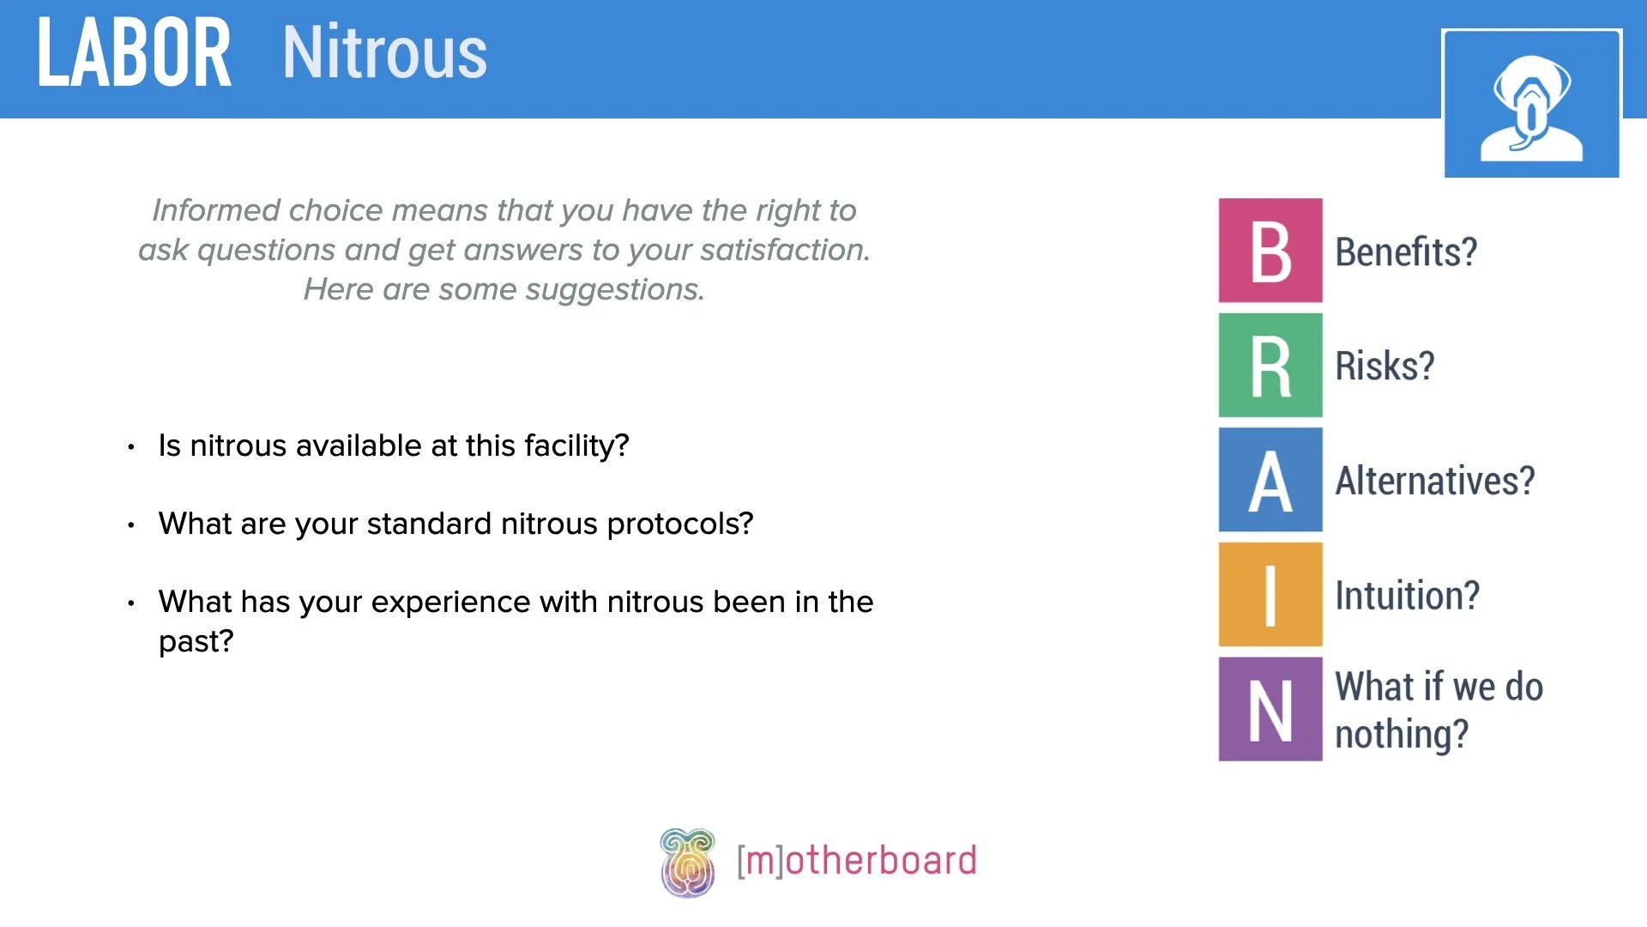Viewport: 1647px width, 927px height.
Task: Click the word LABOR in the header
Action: click(134, 53)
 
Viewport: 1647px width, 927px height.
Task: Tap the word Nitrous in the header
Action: click(384, 53)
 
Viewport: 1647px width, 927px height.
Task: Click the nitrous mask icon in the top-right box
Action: click(1531, 105)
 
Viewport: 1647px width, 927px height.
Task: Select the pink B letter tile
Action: click(1270, 251)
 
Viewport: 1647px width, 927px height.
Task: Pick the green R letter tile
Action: click(1270, 366)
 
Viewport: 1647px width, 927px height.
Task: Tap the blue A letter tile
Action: click(1270, 480)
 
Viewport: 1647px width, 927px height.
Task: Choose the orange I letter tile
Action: click(1270, 595)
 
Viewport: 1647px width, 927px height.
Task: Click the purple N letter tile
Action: click(1270, 710)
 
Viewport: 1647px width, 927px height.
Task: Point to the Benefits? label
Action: click(1406, 252)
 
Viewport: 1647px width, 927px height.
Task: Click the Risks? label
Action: click(1385, 367)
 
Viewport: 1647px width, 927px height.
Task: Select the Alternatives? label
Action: click(1434, 481)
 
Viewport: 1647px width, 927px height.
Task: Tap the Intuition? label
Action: click(1407, 596)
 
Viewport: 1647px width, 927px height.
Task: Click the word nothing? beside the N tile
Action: click(1402, 735)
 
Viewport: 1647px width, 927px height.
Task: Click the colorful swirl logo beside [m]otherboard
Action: click(687, 862)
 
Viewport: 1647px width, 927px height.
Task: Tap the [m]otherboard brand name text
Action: click(856, 861)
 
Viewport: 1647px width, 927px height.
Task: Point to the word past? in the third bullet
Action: click(196, 642)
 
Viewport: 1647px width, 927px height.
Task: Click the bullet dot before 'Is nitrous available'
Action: click(131, 447)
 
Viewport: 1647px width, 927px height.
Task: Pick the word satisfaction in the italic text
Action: click(784, 250)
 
